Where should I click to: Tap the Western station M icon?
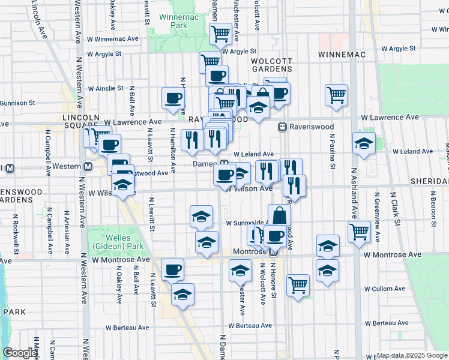click(88, 166)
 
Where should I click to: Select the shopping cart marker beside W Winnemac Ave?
click(221, 34)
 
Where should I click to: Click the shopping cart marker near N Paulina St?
click(336, 94)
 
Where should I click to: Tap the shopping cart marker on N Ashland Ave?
click(359, 231)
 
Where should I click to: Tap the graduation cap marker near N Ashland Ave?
click(364, 144)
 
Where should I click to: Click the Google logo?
click(20, 353)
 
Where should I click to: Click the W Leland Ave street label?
click(253, 154)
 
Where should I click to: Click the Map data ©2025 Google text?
click(411, 355)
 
